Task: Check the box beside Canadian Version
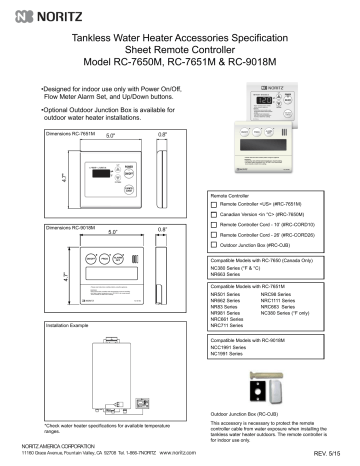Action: coord(215,215)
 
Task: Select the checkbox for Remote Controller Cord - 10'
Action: coord(215,226)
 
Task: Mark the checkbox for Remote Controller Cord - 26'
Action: coord(215,236)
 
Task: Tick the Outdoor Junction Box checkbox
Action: coord(215,247)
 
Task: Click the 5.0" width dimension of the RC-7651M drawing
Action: coord(83,138)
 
